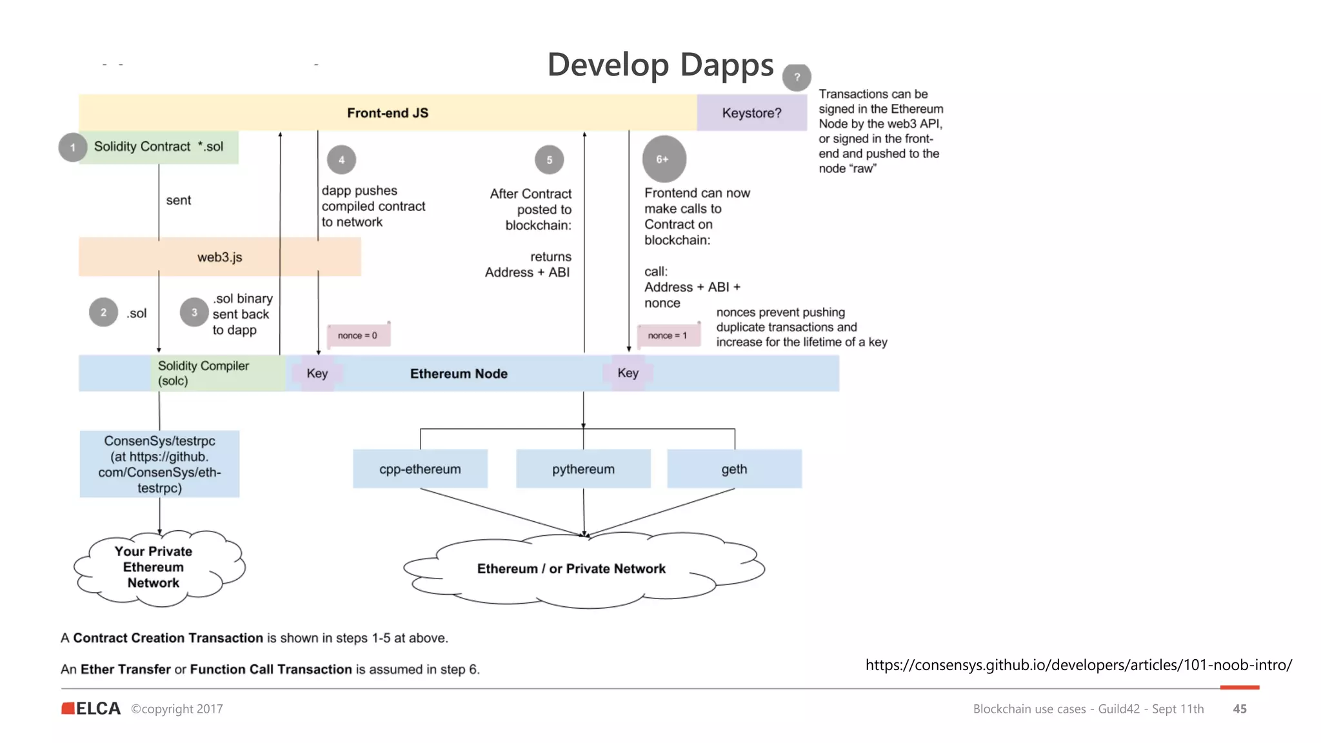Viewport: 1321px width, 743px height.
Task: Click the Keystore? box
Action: coord(751,113)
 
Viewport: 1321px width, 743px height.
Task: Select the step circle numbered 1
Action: coord(73,147)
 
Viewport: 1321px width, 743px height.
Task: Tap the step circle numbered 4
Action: coord(341,159)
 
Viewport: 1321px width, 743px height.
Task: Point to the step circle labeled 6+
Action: coord(664,159)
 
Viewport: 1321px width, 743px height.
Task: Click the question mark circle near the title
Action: coord(797,77)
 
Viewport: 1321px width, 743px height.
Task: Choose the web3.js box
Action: coord(219,257)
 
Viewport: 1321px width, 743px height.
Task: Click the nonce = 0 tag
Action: coord(358,335)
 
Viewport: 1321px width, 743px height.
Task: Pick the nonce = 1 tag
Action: coord(668,335)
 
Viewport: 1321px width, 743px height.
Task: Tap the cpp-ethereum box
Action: coord(420,469)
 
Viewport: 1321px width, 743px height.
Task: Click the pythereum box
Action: coord(583,469)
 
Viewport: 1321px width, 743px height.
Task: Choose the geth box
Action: coord(734,469)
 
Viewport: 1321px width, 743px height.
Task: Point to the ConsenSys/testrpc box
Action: coord(159,464)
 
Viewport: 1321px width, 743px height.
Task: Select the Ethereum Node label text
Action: coord(459,373)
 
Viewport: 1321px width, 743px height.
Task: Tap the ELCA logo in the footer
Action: coord(91,708)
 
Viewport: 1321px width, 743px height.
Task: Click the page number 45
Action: coord(1239,709)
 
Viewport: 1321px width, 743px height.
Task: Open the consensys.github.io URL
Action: coord(1078,665)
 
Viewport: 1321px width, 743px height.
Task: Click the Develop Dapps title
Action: coord(660,65)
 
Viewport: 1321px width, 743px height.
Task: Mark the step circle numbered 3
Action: coord(194,312)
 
